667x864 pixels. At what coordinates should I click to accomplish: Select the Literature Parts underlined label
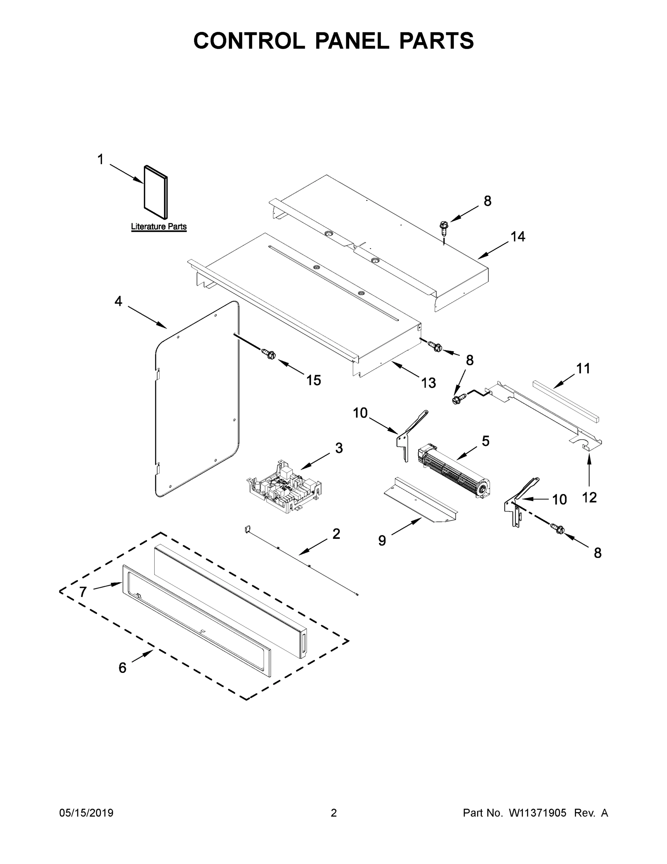(159, 227)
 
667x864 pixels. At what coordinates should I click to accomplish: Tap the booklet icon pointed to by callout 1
(156, 192)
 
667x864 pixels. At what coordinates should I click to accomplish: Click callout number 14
(518, 237)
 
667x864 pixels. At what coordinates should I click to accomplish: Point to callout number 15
(314, 380)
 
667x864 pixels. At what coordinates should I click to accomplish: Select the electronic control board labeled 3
(284, 487)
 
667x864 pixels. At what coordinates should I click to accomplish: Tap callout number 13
(428, 383)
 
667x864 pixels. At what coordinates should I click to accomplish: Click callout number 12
(589, 498)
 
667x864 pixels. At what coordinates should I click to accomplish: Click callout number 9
(382, 540)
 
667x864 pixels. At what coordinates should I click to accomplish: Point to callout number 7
(83, 592)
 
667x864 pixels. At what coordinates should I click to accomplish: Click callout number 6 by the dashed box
(123, 668)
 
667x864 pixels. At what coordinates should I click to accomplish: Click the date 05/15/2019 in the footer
(86, 813)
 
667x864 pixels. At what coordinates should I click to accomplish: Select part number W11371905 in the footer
(538, 813)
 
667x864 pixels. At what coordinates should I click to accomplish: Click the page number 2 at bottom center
(334, 813)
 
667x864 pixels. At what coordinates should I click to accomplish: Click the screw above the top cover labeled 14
(443, 226)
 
